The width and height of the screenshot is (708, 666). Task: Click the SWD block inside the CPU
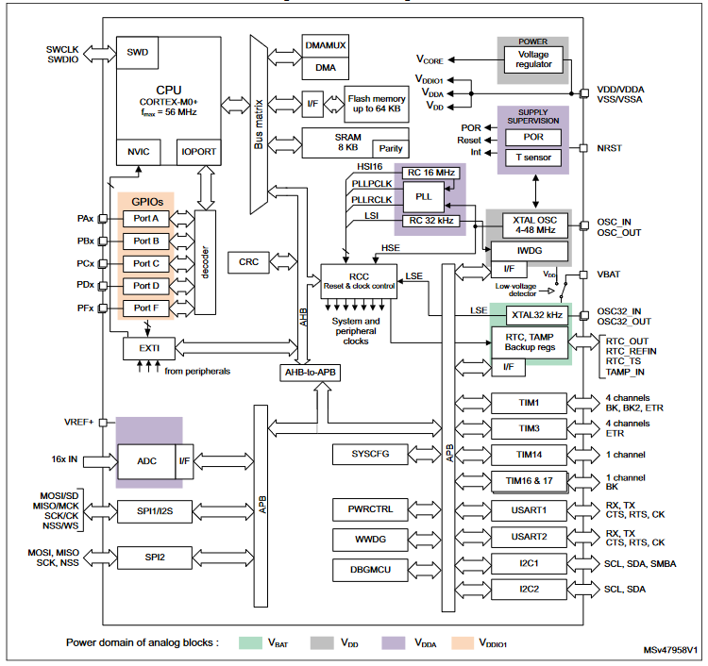click(137, 53)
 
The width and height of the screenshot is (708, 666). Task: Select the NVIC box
click(138, 152)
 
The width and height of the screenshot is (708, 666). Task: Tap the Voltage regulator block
click(533, 59)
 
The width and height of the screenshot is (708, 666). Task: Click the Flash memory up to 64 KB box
click(377, 104)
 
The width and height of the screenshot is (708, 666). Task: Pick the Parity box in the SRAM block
click(391, 148)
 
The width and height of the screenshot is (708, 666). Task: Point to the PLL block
click(424, 197)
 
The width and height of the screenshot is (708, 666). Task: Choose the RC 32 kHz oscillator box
click(431, 221)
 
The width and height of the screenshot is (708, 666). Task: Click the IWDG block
click(530, 251)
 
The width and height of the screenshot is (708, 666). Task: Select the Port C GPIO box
click(145, 263)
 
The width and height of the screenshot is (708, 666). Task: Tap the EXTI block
click(149, 348)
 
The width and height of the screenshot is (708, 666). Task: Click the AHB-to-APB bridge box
click(311, 373)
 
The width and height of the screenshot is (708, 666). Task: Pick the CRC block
click(249, 262)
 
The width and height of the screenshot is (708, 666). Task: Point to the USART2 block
click(529, 537)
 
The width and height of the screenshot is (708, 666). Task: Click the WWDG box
click(370, 540)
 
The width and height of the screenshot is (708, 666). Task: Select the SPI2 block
click(155, 558)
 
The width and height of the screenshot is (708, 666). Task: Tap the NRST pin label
click(609, 148)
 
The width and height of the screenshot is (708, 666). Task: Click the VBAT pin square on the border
click(583, 275)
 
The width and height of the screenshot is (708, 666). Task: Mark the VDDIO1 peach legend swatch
click(463, 643)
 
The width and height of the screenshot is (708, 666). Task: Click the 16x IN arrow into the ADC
click(100, 461)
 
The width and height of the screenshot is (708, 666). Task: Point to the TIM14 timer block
click(529, 456)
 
